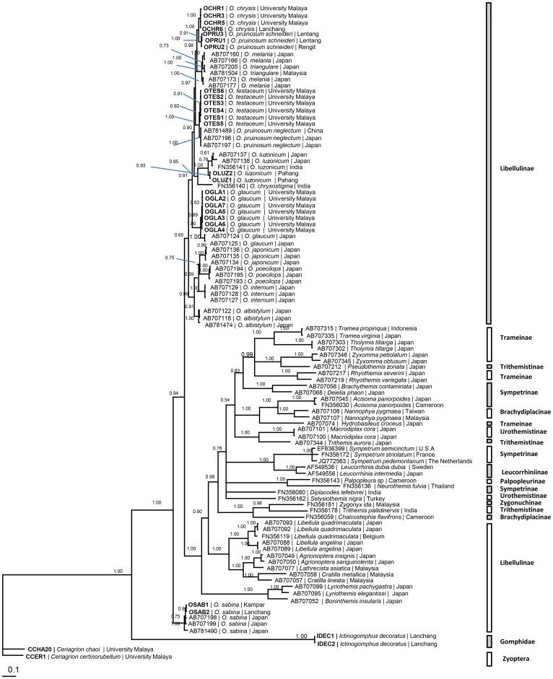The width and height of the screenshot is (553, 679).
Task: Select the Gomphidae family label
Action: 521,641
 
